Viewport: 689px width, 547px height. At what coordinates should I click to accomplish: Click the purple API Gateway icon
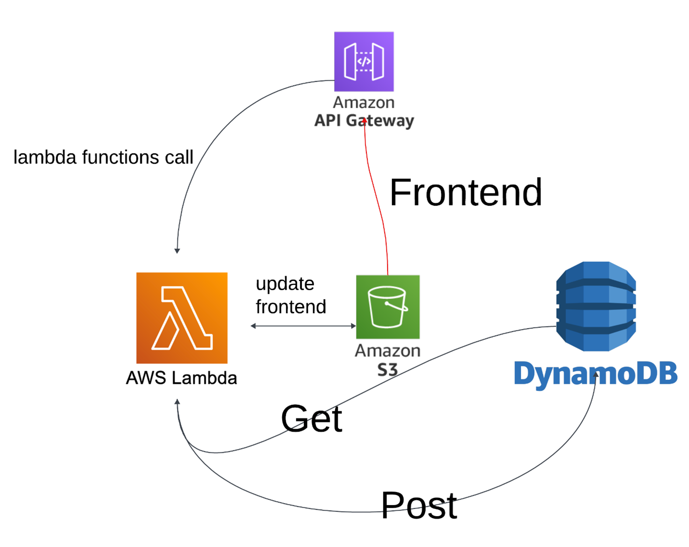click(364, 61)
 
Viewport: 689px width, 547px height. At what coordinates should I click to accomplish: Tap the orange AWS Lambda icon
click(182, 318)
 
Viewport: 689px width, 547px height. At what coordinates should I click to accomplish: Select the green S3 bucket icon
click(388, 307)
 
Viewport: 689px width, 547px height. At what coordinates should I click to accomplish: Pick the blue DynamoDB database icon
click(596, 306)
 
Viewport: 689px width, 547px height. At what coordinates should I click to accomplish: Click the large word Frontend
click(465, 192)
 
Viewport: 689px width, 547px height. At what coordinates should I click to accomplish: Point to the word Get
click(311, 419)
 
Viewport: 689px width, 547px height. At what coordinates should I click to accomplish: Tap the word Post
click(419, 505)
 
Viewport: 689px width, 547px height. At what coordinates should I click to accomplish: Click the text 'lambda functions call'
click(103, 157)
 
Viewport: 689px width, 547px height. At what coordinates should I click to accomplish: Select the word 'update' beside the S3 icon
click(285, 283)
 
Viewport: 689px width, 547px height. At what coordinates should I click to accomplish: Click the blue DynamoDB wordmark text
click(595, 374)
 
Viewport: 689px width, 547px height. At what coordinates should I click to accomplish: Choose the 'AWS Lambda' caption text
click(181, 378)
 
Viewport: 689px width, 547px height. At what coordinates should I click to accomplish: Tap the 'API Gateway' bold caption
click(364, 120)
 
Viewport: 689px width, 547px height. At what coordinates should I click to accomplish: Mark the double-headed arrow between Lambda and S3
click(303, 326)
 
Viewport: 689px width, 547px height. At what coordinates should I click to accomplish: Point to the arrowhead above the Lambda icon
click(177, 251)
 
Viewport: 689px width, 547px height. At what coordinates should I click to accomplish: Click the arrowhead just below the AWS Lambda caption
click(177, 402)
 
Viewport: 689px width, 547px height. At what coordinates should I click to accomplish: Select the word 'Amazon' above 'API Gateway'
click(364, 102)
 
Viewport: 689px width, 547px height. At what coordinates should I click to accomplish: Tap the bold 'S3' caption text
click(388, 370)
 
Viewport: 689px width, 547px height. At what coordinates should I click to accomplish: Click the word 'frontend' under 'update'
click(291, 307)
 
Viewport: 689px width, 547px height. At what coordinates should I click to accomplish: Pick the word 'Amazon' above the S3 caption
click(388, 351)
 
